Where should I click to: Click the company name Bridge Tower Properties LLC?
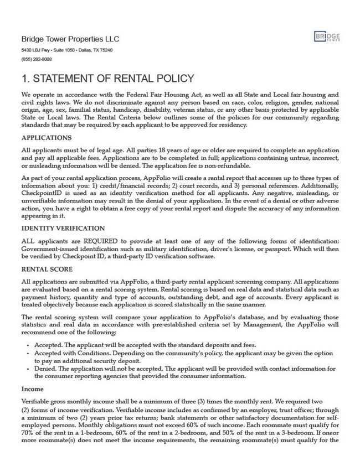click(x=70, y=39)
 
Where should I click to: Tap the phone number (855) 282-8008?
click(x=37, y=59)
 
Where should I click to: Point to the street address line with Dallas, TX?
click(x=67, y=50)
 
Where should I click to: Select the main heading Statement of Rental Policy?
click(x=107, y=78)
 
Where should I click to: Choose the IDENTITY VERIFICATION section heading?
click(x=64, y=228)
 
